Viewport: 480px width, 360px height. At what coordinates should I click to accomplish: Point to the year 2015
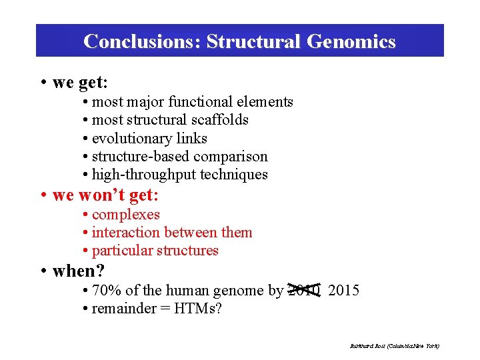click(344, 291)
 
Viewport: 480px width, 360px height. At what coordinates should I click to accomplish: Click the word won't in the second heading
click(101, 195)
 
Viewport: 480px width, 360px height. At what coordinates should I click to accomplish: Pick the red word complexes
click(126, 215)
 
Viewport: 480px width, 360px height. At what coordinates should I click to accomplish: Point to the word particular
click(121, 251)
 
